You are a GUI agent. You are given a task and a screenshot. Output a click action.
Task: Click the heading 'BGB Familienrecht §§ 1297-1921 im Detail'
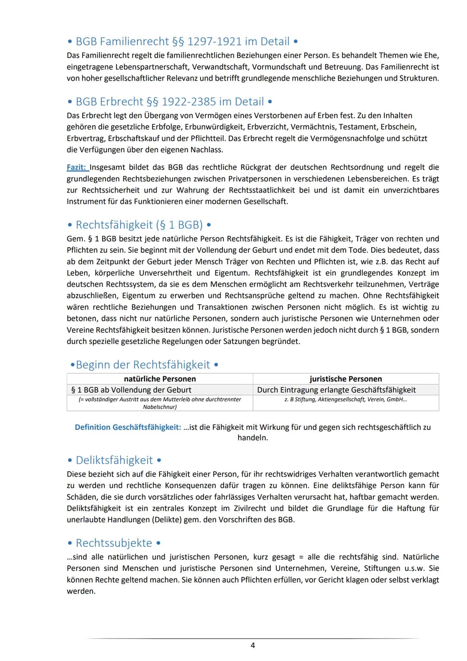[182, 42]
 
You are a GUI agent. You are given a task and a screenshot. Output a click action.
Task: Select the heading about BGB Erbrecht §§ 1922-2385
[170, 102]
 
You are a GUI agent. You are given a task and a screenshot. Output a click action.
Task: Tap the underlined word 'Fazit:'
[77, 168]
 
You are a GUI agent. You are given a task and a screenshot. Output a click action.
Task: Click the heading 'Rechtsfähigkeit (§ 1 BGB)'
[139, 225]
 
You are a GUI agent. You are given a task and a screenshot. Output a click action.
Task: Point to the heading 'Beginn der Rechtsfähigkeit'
[143, 365]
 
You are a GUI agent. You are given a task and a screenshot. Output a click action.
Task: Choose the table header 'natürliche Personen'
[160, 379]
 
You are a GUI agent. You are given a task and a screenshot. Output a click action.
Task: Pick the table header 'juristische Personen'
[345, 379]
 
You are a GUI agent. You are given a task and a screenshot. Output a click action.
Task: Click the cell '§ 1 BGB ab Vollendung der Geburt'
[131, 390]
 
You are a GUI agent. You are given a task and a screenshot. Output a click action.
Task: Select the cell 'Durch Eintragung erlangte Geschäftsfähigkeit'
[336, 390]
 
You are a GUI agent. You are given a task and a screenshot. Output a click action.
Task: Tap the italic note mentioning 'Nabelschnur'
[160, 403]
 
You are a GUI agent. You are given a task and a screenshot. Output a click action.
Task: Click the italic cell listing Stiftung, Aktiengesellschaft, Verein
[345, 400]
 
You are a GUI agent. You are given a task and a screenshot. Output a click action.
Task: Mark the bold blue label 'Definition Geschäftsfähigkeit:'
[128, 427]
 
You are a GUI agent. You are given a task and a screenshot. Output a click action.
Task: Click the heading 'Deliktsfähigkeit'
[114, 460]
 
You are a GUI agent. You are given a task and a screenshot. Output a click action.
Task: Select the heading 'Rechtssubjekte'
[114, 543]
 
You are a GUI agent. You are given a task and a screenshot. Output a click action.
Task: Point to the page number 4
[253, 645]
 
